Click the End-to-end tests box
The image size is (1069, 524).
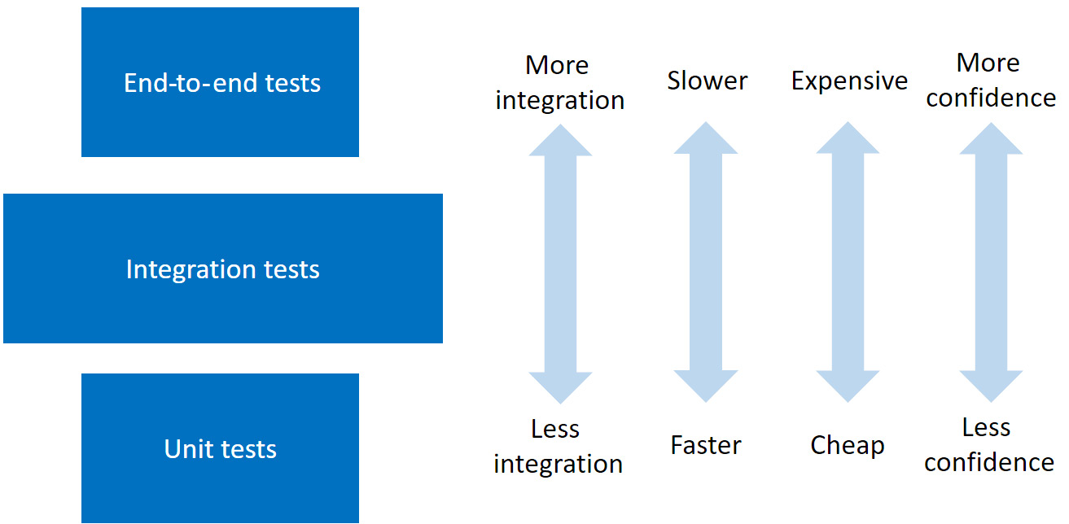[x=221, y=82]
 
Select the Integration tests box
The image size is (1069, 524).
[x=222, y=269]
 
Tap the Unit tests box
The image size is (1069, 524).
[x=220, y=448]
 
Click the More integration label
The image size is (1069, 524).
[x=559, y=82]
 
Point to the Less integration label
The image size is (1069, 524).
[x=558, y=446]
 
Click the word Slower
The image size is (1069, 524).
[x=707, y=81]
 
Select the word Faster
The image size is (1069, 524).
[x=706, y=445]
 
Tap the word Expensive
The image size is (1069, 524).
[x=849, y=81]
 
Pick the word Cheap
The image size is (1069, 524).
[x=847, y=445]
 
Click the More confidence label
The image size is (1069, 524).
[x=990, y=80]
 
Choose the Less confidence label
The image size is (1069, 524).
[x=988, y=444]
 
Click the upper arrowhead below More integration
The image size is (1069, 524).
[x=560, y=140]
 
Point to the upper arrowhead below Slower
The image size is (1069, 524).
[x=706, y=140]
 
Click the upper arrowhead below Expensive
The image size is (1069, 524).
[x=848, y=140]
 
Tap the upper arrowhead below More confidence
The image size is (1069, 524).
[x=991, y=140]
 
